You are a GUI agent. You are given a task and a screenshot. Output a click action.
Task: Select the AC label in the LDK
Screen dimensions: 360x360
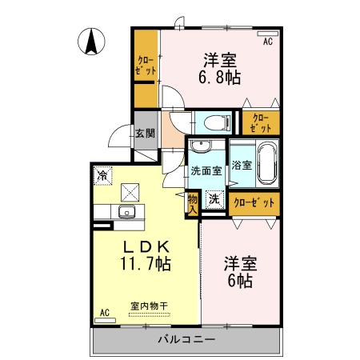coord(104,313)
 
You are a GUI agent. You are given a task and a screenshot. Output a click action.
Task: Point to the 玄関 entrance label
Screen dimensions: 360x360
coord(145,134)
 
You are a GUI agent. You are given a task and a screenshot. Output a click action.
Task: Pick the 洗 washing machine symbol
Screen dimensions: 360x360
coord(214,200)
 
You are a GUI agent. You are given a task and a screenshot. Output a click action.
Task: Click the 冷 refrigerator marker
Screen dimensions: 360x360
coord(102,173)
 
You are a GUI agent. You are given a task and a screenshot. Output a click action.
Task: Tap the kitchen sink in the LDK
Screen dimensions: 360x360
coord(126,212)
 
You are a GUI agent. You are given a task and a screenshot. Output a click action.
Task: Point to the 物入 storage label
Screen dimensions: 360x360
coord(193,202)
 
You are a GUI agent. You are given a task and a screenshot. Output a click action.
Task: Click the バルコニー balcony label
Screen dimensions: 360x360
coord(188,340)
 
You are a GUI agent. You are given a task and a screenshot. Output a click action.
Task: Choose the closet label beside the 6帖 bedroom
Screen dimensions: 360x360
coord(254,203)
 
